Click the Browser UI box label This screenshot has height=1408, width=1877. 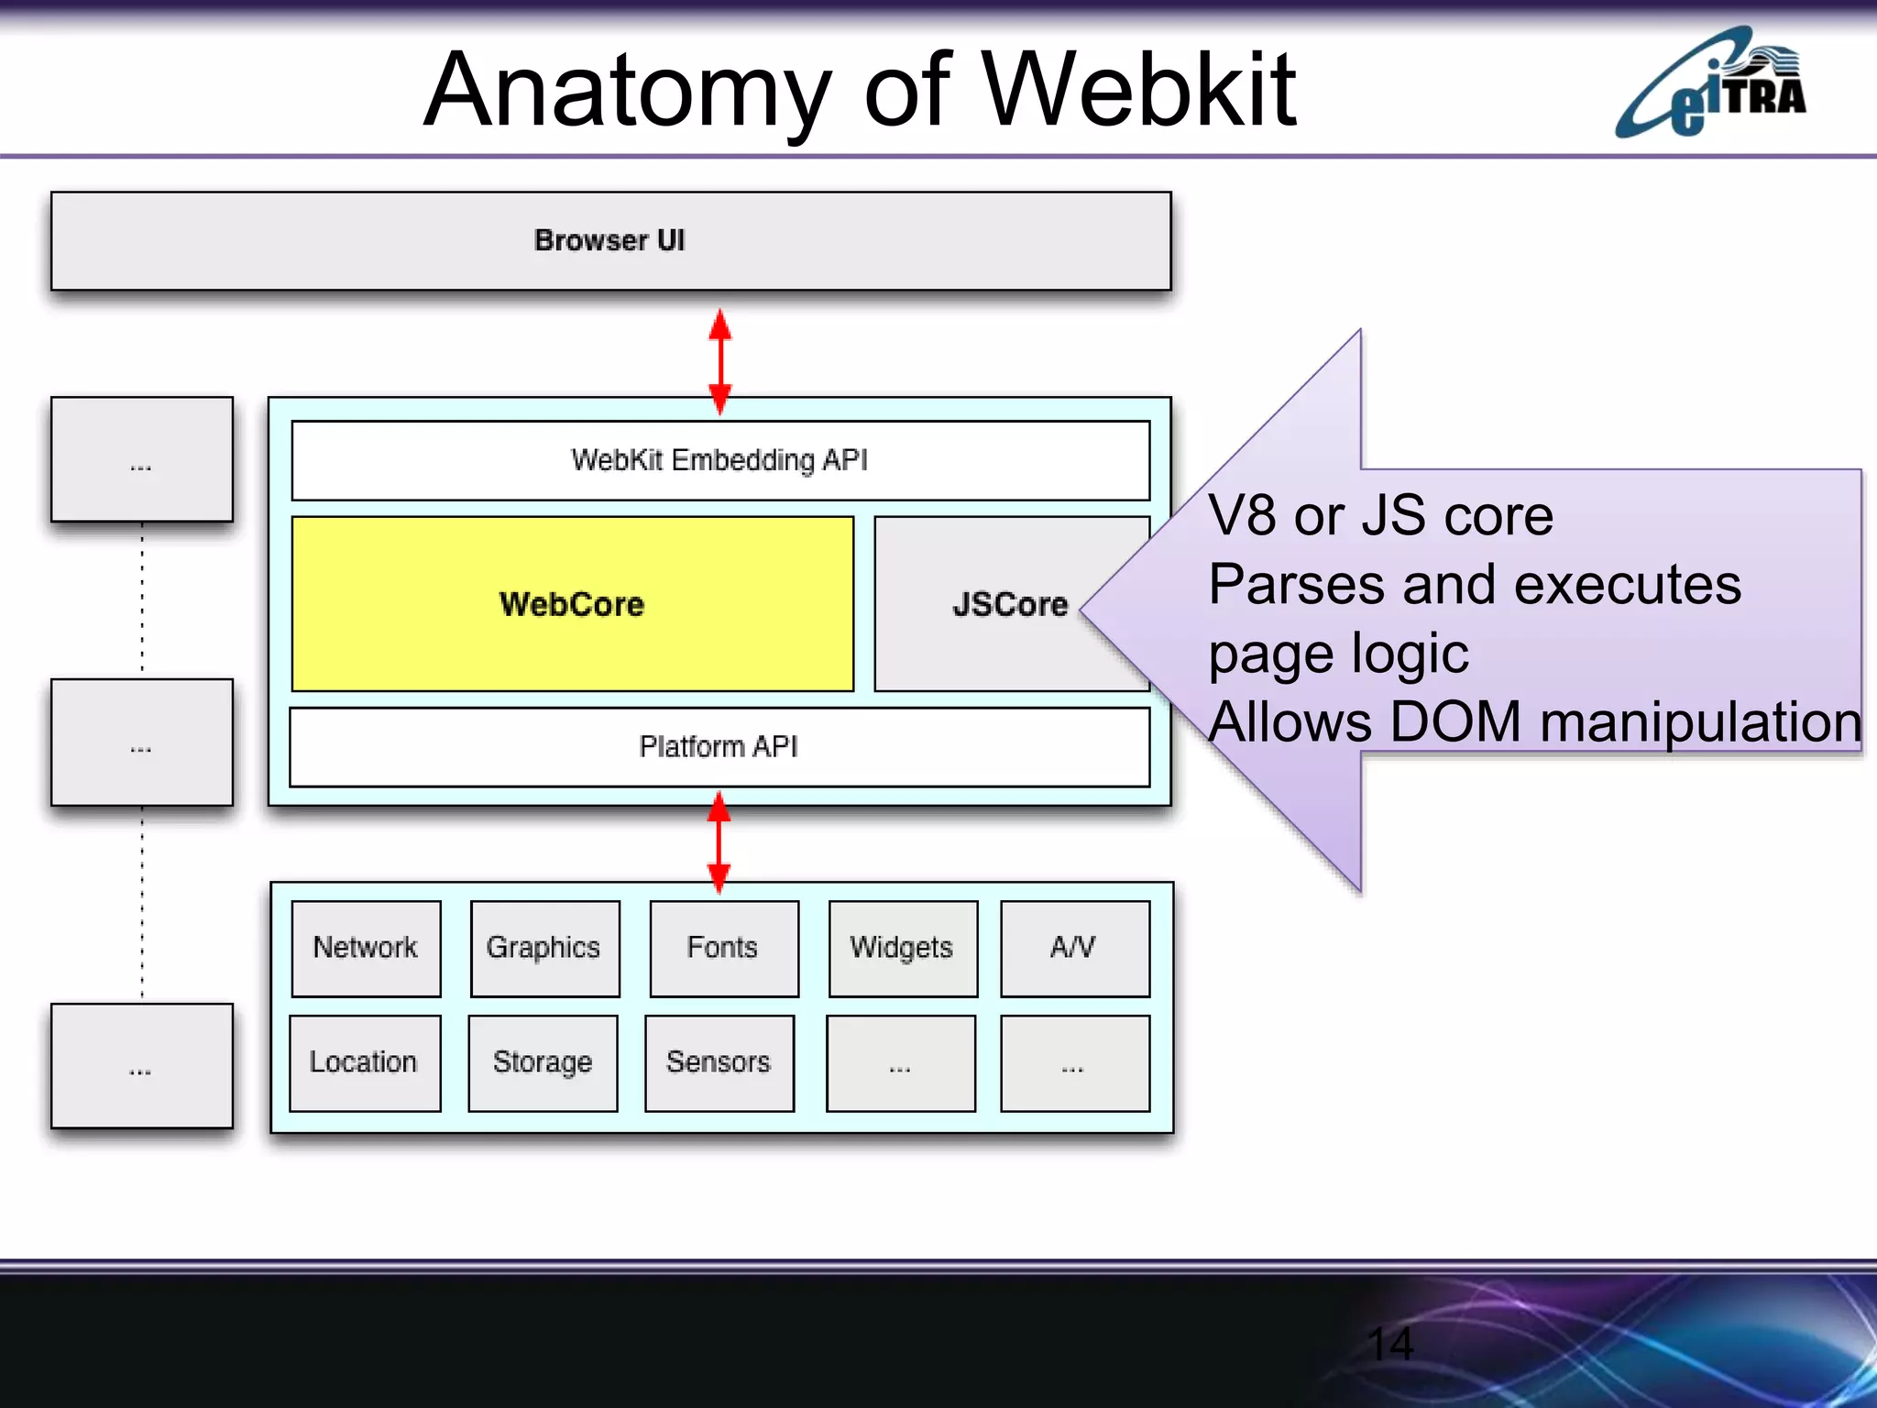coord(609,240)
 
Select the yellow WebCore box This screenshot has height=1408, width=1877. coord(572,604)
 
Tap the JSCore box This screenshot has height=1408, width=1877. coord(1008,604)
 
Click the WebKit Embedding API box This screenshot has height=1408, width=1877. coord(719,460)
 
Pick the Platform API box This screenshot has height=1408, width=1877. coord(719,747)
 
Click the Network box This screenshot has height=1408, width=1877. coord(366,948)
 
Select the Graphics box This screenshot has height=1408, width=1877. coord(543,948)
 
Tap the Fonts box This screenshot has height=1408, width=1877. coord(723,948)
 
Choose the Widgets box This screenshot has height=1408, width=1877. coord(902,948)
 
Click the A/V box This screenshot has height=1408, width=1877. coord(1074,948)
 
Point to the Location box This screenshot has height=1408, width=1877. coord(364,1062)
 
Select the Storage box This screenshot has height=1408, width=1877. coord(543,1062)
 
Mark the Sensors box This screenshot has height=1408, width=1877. coord(719,1062)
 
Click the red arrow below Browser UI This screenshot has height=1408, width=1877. coord(720,361)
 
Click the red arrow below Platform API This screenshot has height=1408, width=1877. coord(719,842)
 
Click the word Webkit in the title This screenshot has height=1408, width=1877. coord(1138,90)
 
